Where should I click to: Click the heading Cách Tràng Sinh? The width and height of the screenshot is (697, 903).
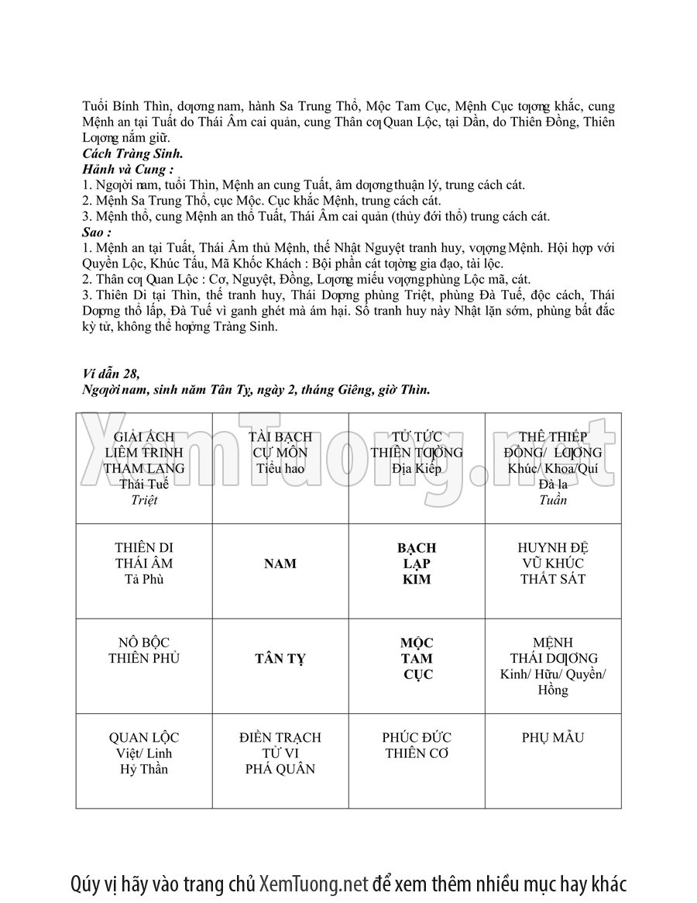(132, 153)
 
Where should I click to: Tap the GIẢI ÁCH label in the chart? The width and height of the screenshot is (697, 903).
(144, 436)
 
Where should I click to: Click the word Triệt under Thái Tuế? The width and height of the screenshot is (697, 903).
(144, 500)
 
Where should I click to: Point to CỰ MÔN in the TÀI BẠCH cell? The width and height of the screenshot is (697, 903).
(280, 453)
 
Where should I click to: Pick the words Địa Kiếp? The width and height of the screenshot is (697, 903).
(417, 468)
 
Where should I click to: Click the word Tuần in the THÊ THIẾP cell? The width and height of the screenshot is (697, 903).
(553, 500)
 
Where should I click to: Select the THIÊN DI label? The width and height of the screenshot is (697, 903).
(144, 548)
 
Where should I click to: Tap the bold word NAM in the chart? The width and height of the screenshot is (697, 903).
(280, 564)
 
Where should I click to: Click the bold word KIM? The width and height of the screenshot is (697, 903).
(417, 580)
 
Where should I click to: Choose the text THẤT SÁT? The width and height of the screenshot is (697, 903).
(553, 580)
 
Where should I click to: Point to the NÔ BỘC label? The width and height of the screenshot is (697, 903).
(144, 643)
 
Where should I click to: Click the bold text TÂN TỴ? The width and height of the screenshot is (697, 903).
(280, 659)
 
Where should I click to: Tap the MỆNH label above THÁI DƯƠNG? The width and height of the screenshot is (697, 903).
(553, 643)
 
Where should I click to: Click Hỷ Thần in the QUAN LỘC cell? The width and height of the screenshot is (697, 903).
(144, 769)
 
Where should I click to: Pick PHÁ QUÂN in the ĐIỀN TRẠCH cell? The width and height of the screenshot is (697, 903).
(280, 769)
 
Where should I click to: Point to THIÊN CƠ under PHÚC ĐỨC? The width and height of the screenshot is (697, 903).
(417, 753)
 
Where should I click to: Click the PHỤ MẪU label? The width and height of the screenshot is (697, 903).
(553, 737)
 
